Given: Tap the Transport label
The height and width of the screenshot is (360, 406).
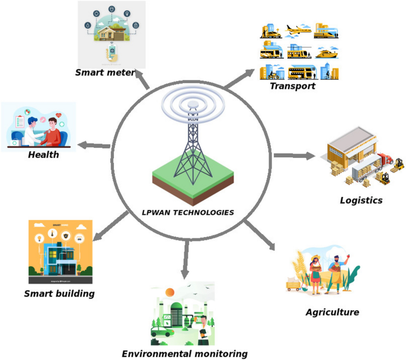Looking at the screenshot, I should [292, 86].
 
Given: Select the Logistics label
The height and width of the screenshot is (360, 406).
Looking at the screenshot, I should [361, 200].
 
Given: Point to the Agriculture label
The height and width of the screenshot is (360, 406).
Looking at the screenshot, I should [332, 312].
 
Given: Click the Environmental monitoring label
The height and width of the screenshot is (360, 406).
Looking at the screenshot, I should [184, 353].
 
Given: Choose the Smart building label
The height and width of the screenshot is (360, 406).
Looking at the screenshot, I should [59, 293].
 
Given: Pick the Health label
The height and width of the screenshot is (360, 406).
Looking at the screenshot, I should [43, 155].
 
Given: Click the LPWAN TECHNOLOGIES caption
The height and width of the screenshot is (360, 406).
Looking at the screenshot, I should [188, 212].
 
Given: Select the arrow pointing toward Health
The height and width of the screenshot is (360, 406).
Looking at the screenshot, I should [94, 145].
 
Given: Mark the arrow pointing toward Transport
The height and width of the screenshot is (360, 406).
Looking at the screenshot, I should [240, 78].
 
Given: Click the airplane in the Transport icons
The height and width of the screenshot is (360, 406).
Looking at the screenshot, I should [298, 29].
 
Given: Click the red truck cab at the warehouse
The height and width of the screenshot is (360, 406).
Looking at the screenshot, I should [385, 159].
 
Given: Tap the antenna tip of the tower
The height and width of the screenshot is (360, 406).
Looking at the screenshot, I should [193, 106].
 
